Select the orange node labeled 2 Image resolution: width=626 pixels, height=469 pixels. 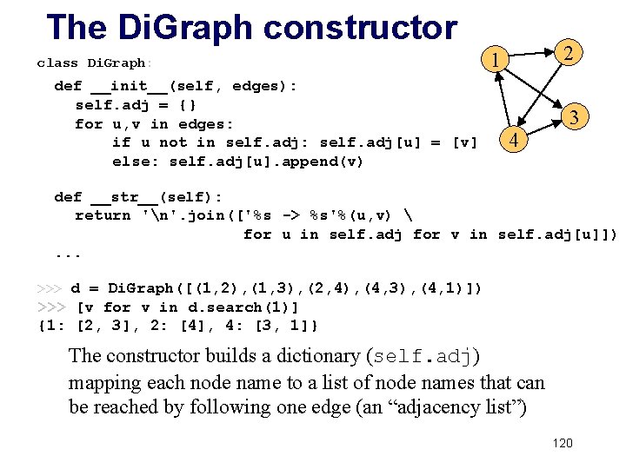point(567,53)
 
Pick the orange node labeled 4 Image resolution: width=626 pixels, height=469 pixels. point(514,140)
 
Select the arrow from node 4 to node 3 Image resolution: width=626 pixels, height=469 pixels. point(544,129)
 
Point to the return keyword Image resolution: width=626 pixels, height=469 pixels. point(103,215)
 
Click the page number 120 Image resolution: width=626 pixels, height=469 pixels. point(563,444)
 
